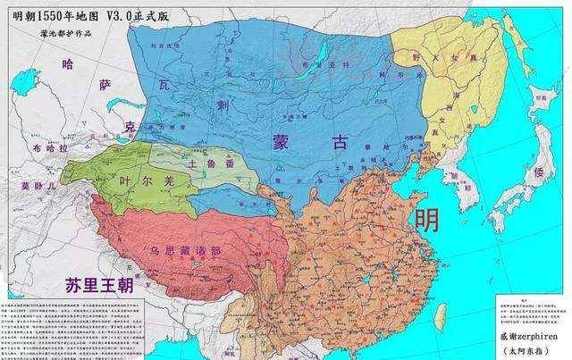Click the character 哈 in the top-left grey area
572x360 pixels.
(x=68, y=63)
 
